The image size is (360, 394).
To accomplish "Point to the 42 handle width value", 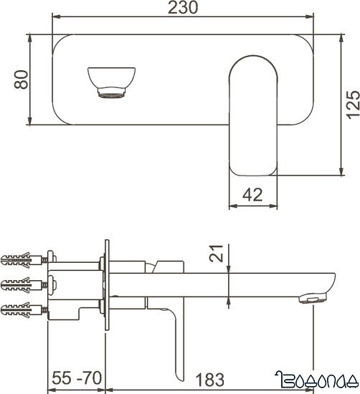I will (x=252, y=193).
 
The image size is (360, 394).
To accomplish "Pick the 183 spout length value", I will (x=208, y=378).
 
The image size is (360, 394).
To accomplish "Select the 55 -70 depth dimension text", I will (x=77, y=378).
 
